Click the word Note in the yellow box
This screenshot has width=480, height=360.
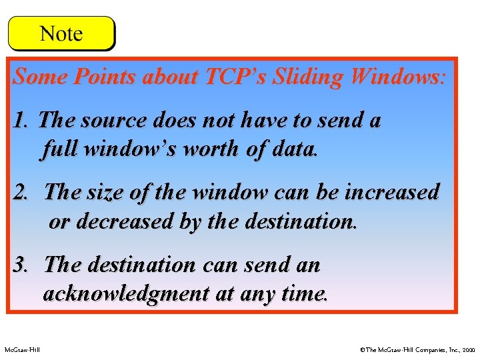coord(61,34)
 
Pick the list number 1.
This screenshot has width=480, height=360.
coord(21,121)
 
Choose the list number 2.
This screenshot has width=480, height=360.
coord(21,193)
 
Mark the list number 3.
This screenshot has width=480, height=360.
coord(21,265)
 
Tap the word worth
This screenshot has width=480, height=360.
coord(211,148)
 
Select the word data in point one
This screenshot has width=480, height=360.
coord(294,148)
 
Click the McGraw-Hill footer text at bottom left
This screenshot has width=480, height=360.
coord(21,349)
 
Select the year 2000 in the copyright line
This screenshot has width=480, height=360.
coord(469,349)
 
